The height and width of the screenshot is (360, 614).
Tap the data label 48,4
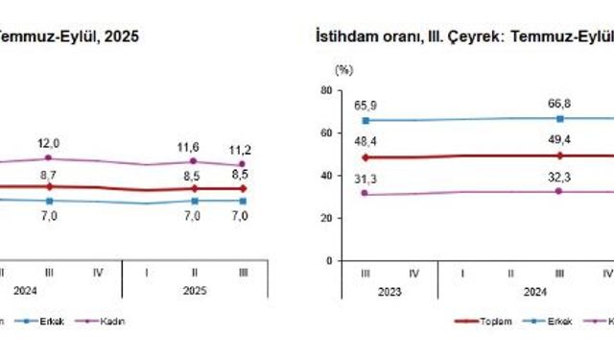[x=366, y=141]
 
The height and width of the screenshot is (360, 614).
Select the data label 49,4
[x=559, y=140]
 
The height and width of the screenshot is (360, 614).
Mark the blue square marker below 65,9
[x=366, y=121]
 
